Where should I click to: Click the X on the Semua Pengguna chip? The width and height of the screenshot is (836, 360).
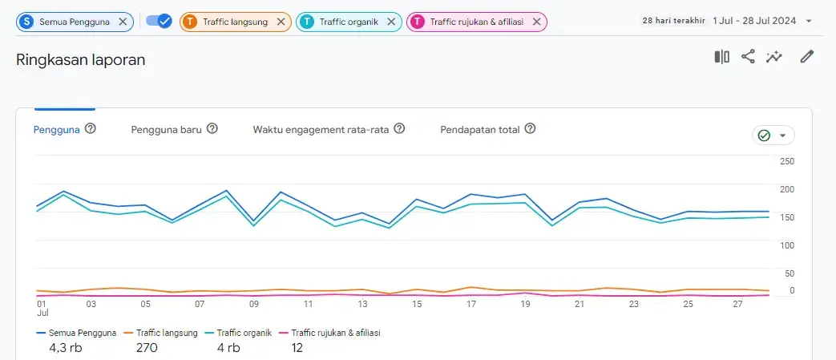123,22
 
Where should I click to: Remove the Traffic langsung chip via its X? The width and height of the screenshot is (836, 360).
281,22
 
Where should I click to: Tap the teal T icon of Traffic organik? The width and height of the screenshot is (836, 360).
307,22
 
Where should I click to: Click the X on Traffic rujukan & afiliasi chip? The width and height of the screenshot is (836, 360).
536,22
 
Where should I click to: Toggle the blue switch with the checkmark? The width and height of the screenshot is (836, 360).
159,22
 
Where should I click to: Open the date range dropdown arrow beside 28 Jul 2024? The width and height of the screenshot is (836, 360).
809,22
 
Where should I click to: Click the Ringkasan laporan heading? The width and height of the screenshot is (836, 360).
80,59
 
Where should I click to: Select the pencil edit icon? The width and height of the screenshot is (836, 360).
807,56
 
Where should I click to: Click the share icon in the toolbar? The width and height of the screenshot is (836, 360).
748,56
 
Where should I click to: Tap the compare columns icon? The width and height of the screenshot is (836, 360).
721,56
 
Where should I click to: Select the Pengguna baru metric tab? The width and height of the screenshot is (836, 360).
166,128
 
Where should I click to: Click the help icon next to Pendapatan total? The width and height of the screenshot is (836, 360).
530,128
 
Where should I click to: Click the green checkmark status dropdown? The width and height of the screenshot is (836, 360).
773,136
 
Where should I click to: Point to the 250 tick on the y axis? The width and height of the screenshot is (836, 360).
786,161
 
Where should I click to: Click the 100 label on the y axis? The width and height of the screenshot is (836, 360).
786,245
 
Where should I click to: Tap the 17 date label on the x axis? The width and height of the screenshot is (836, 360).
471,304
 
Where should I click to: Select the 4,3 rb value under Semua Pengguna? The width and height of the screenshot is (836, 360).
65,347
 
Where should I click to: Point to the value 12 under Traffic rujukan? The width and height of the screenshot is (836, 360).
297,347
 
